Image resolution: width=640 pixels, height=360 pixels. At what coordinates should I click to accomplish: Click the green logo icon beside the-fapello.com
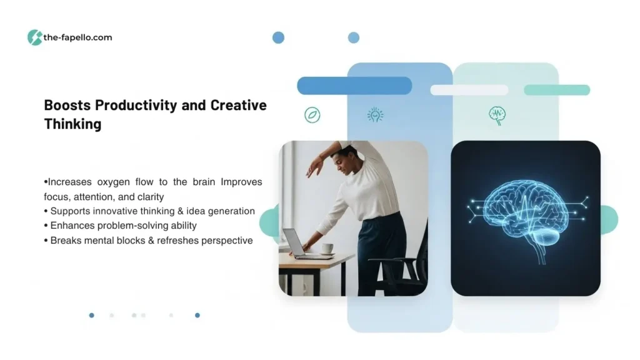(35, 37)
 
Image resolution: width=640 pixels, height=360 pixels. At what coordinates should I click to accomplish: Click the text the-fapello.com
(77, 37)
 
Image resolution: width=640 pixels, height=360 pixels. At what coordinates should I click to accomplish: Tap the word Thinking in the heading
(72, 124)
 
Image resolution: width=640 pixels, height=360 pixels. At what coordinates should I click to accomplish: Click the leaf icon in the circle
(312, 115)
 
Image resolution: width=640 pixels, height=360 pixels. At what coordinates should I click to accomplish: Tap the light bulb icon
(375, 115)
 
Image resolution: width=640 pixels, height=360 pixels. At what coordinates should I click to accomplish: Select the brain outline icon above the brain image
(497, 116)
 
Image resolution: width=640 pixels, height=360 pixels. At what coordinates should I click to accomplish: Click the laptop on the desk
(304, 244)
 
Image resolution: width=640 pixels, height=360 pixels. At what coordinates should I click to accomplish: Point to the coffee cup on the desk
(327, 249)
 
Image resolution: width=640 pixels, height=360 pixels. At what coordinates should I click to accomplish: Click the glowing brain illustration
(526, 216)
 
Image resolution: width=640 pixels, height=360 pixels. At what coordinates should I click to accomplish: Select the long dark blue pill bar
(354, 86)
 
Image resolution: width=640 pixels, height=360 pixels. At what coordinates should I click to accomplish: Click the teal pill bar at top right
(557, 90)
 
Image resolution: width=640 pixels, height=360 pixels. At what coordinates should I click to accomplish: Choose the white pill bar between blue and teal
(469, 90)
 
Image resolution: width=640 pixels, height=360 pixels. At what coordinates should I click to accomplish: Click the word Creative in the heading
(238, 105)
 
